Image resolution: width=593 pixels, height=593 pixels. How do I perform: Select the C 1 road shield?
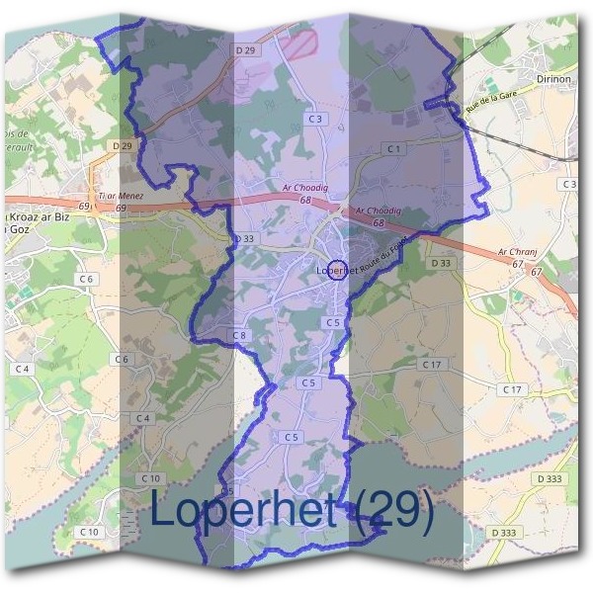click(394, 148)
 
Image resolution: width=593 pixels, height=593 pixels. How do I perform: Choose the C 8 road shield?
click(240, 336)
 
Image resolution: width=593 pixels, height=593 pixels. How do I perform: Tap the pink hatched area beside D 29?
click(297, 43)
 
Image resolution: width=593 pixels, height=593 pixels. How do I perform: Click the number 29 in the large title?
click(394, 512)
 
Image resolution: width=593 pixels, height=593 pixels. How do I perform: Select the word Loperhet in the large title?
click(247, 512)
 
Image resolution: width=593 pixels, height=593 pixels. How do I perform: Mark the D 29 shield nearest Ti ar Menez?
click(122, 145)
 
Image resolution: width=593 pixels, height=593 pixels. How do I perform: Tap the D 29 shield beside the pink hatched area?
click(246, 49)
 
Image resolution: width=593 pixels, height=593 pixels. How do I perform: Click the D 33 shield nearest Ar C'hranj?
click(441, 263)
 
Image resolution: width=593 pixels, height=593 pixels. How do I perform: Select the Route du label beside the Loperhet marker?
click(376, 262)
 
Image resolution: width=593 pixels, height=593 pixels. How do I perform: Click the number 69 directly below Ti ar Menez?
click(121, 208)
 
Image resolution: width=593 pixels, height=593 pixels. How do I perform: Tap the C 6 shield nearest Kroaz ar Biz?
click(88, 280)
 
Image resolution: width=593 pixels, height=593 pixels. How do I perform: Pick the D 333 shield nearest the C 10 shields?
click(503, 533)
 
